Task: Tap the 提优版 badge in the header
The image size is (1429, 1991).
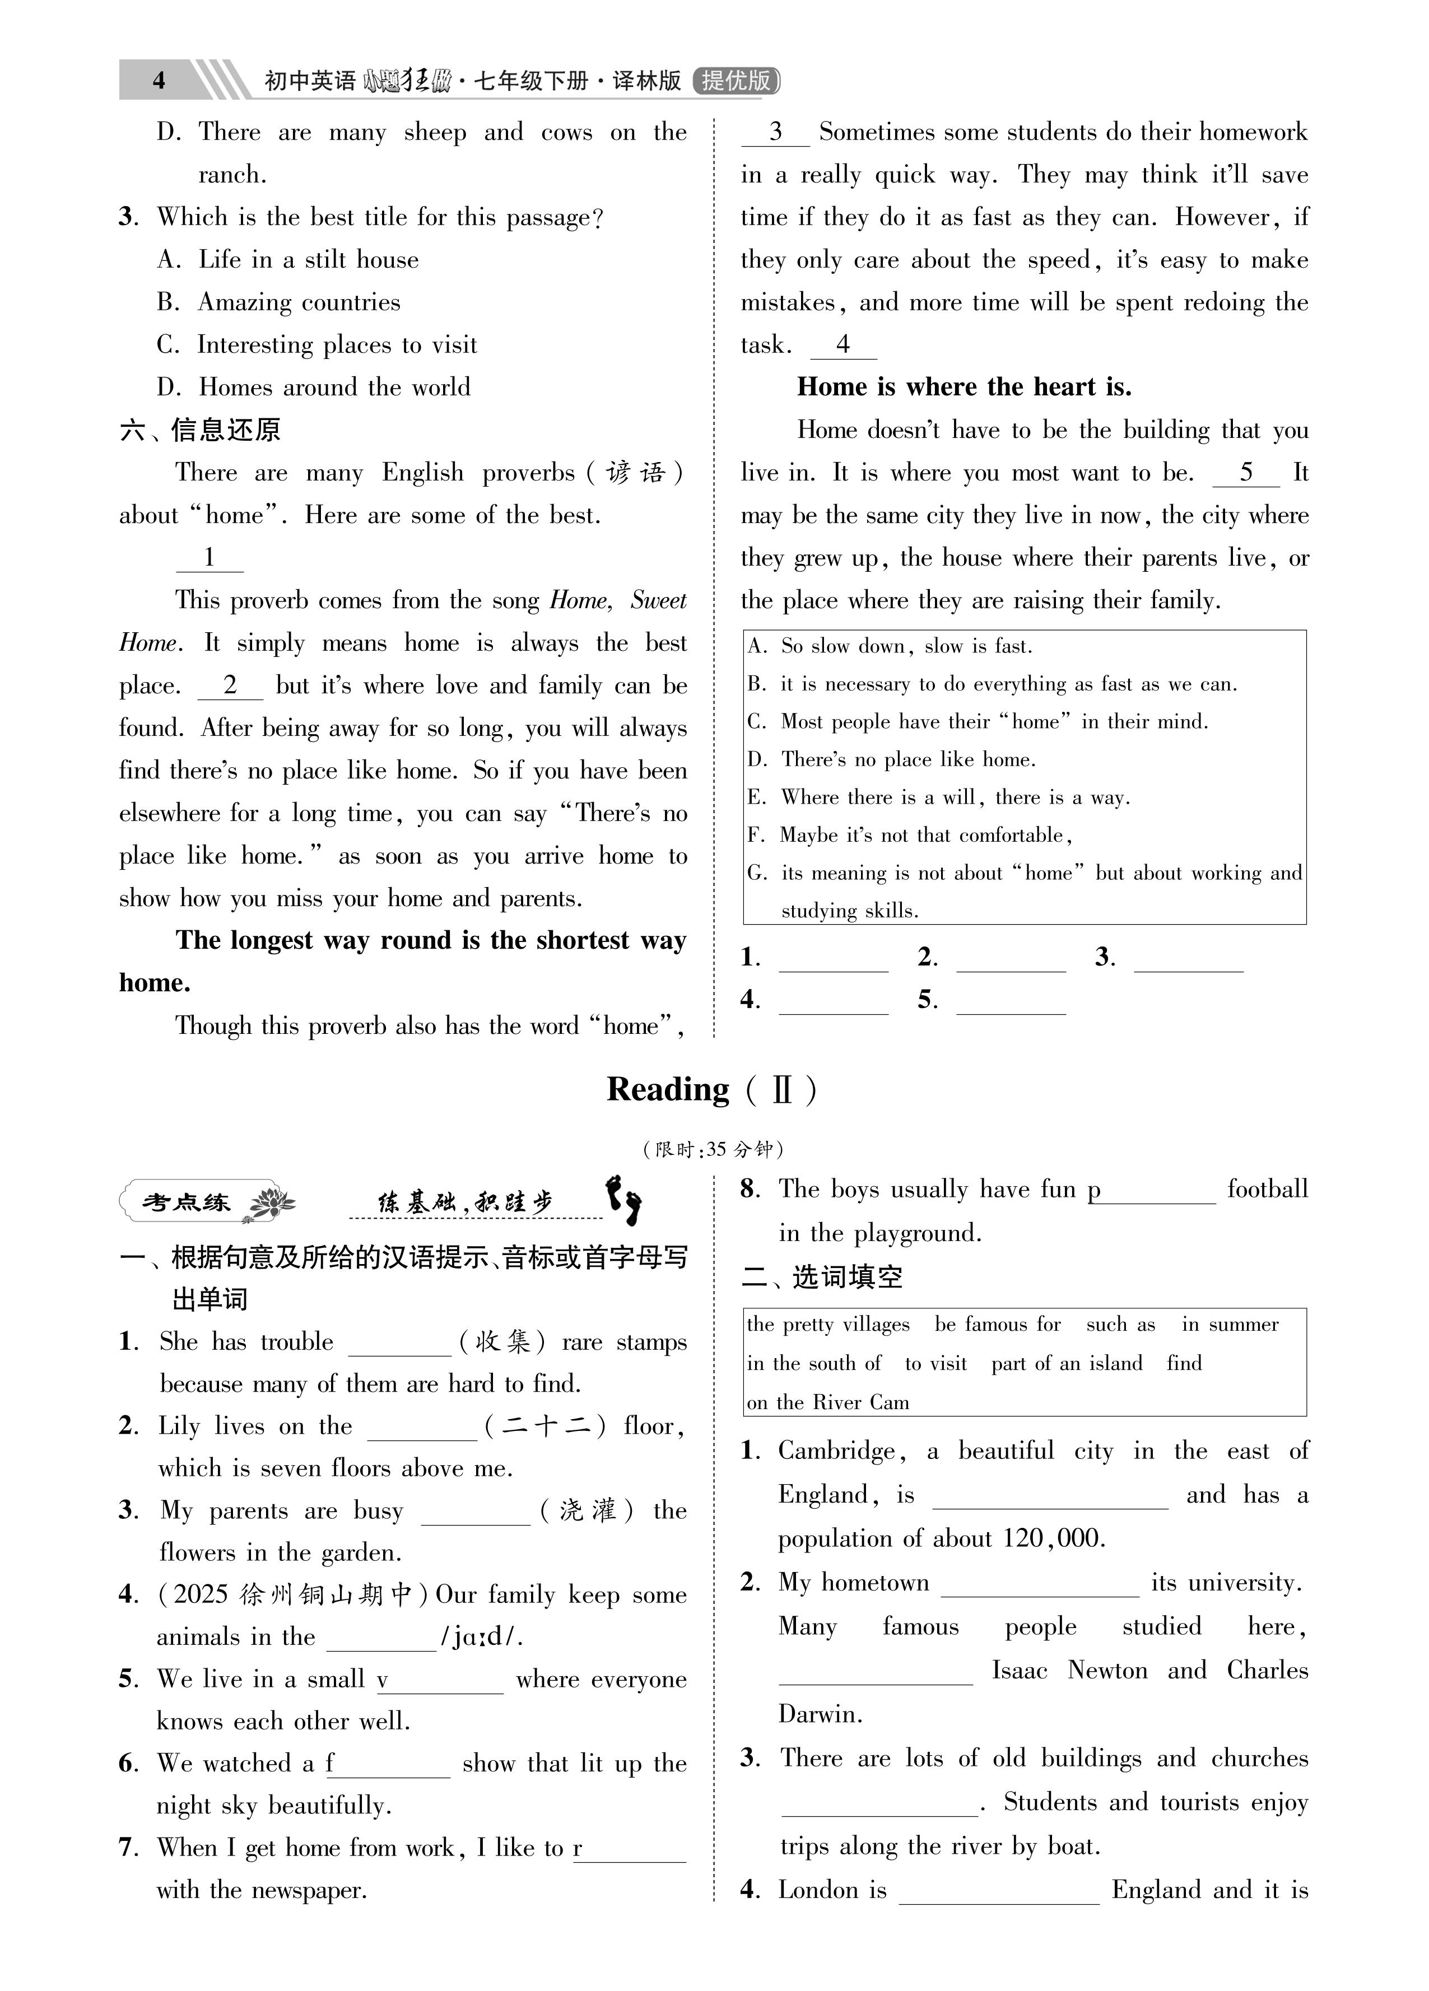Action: pyautogui.click(x=736, y=81)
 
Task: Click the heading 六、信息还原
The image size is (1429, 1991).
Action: pyautogui.click(x=200, y=430)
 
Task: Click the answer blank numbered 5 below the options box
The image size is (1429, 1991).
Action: pyautogui.click(x=1010, y=1001)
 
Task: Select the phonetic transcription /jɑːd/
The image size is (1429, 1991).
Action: pyautogui.click(x=481, y=1637)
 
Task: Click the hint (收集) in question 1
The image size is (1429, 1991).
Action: pyautogui.click(x=503, y=1342)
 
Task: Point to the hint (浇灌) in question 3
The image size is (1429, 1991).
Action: pyautogui.click(x=586, y=1511)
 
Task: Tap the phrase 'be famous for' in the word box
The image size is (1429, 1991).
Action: pyautogui.click(x=998, y=1325)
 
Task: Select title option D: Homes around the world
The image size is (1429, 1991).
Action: pyautogui.click(x=314, y=387)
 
